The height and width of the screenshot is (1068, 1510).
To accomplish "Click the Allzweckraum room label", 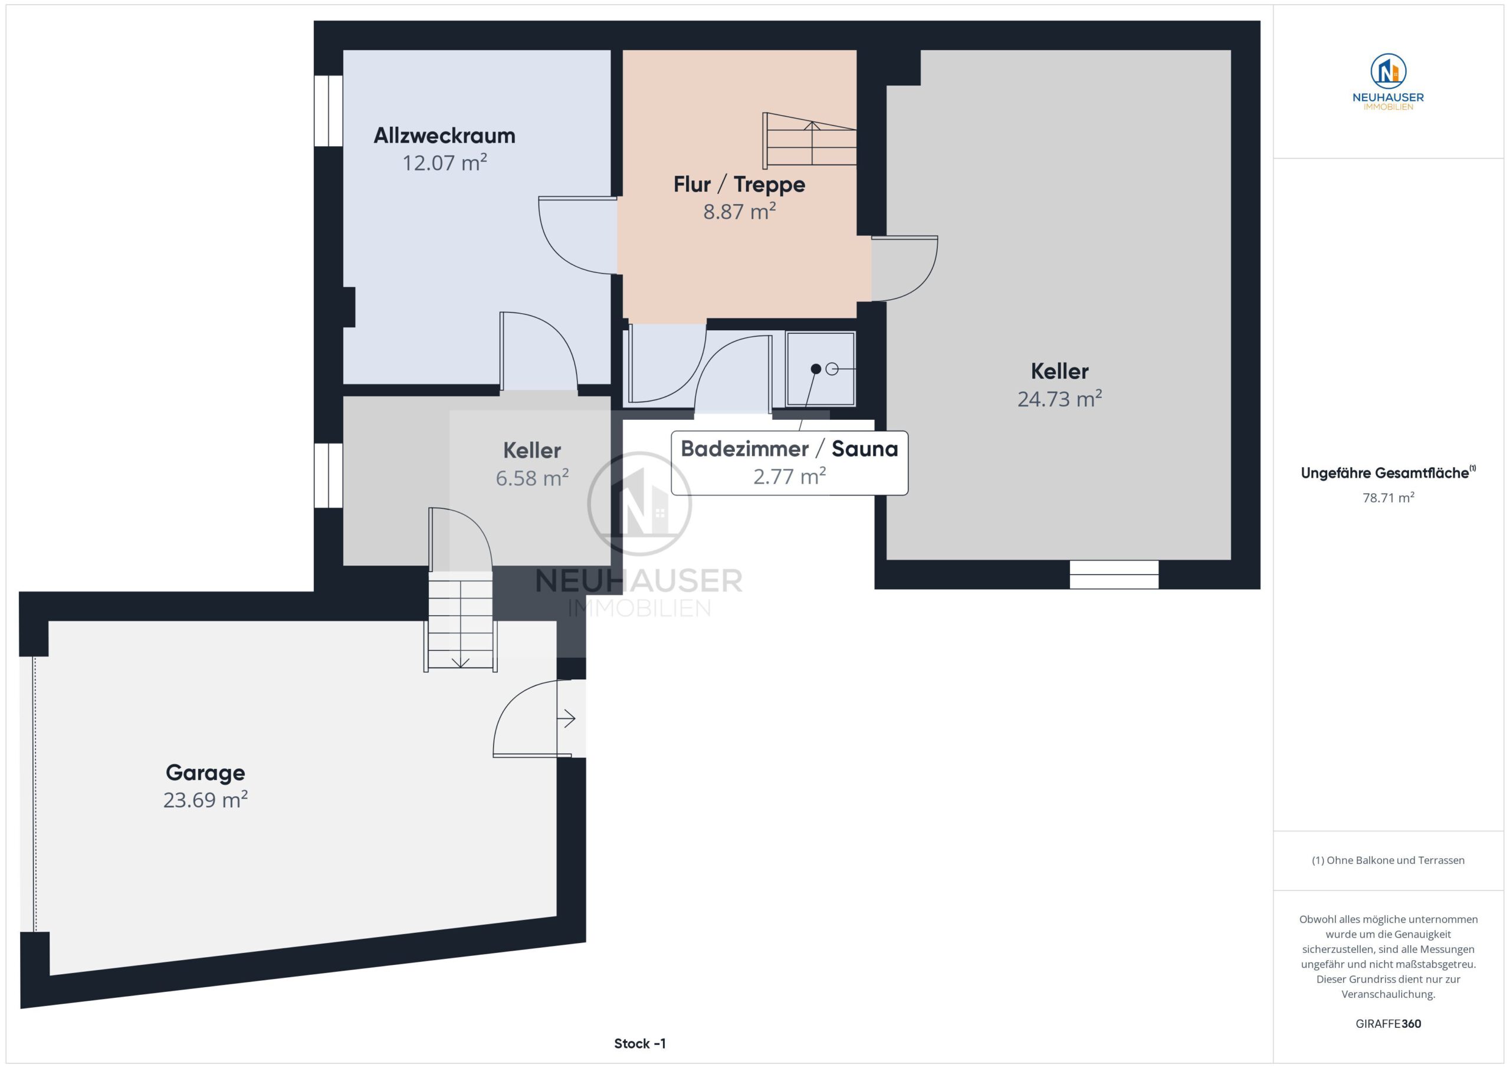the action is coord(445,136).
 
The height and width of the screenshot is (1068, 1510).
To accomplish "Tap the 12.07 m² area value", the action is coord(445,162).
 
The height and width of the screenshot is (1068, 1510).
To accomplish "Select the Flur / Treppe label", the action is coord(739,185).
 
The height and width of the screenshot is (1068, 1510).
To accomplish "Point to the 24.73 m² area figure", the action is coord(1059,399).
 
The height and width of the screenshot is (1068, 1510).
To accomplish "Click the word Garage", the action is coord(205,773).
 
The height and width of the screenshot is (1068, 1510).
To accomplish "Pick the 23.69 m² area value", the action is coord(205,800).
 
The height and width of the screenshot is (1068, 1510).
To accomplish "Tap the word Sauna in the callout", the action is coord(865,449).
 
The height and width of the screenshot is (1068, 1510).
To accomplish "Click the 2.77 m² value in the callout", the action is coord(789,476).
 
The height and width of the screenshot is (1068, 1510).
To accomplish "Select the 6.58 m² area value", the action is coord(532,478).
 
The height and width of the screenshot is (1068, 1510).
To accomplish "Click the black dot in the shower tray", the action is coord(816,369).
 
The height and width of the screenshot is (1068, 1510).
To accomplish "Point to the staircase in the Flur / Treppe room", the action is coord(810,140).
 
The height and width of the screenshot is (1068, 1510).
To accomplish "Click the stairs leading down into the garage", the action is coord(460,622).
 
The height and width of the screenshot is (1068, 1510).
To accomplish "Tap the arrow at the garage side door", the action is coord(566,718).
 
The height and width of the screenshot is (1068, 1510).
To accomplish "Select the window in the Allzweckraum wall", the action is coord(328,110).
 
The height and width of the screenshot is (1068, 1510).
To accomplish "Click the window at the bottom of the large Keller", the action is coord(1114,574).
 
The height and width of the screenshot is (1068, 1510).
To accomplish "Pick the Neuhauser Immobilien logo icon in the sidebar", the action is coord(1388,71).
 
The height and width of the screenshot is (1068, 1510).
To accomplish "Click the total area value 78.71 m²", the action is coord(1388,498).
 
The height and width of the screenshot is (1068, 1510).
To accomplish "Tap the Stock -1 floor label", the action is coord(640,1044).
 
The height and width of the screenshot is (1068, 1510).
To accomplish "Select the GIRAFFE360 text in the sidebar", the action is coord(1388,1024).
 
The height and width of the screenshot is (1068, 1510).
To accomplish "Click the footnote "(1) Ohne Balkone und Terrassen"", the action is coord(1388,860).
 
